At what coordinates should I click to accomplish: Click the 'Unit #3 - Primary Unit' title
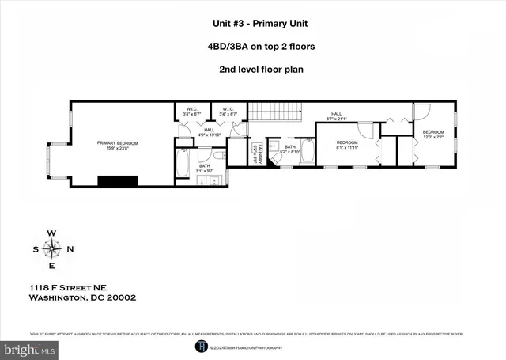point(252,25)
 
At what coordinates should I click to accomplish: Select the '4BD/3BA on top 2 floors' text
point(252,46)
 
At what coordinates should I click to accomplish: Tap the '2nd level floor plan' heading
point(252,68)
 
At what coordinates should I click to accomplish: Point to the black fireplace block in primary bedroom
point(117,180)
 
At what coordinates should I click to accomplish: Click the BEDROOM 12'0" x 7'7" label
point(432,133)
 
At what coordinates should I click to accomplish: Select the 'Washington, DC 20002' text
point(82,298)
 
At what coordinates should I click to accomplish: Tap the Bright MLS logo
point(29,348)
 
